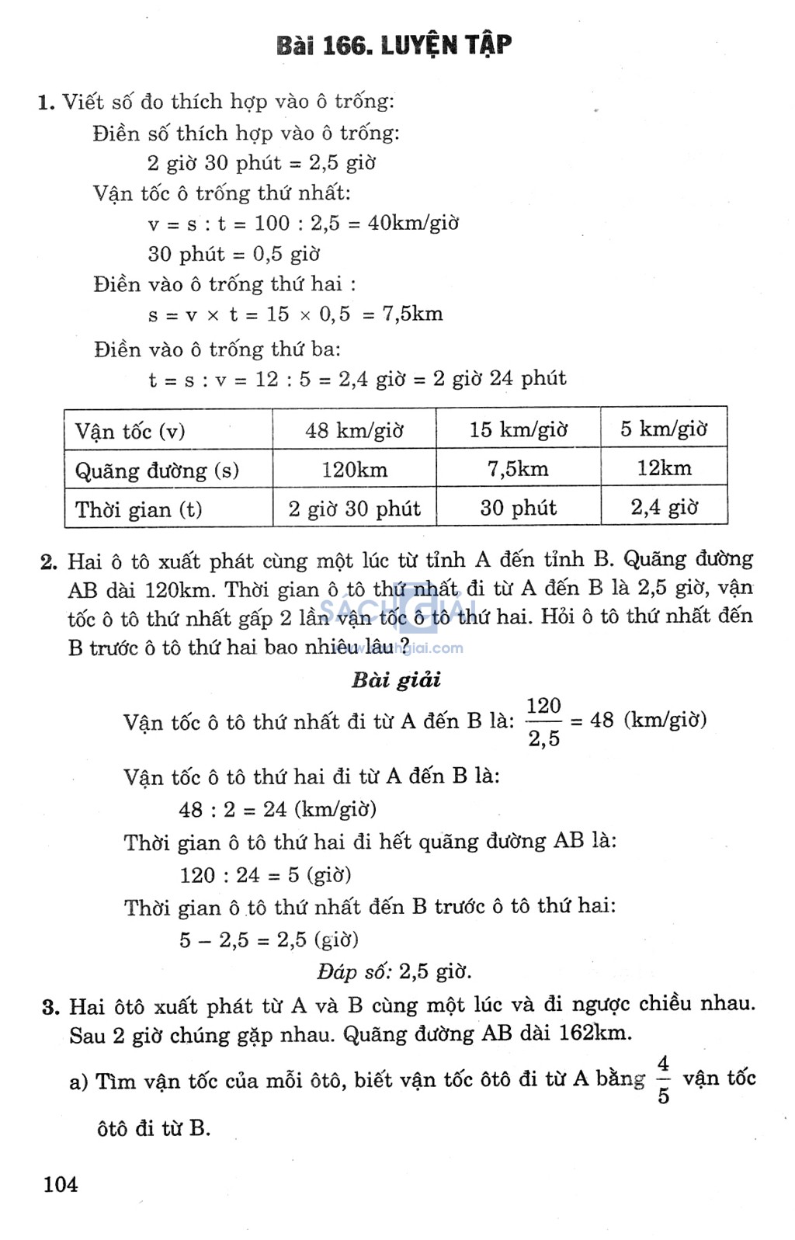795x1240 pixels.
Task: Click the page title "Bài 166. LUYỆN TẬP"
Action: (x=394, y=46)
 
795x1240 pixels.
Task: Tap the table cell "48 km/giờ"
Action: (x=354, y=430)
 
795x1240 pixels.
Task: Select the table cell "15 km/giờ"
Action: (x=518, y=429)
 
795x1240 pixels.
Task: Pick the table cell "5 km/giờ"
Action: (x=663, y=429)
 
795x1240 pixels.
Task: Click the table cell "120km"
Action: (x=354, y=470)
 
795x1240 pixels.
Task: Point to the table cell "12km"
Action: (x=664, y=467)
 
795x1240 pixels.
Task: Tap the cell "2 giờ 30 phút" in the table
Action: (x=354, y=509)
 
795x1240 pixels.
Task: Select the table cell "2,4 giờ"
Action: (x=664, y=507)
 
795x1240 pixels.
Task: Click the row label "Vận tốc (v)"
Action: (x=130, y=431)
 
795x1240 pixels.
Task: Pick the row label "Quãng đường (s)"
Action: (x=157, y=471)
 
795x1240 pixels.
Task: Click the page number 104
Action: (x=61, y=1184)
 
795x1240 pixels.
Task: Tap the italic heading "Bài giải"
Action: (x=396, y=680)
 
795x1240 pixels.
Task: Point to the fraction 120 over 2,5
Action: (x=543, y=722)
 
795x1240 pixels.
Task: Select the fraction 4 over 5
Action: (x=663, y=1079)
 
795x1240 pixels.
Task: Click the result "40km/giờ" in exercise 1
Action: (x=413, y=224)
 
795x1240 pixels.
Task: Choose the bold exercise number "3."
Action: (x=51, y=1007)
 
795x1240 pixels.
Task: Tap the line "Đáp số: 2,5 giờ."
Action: (x=394, y=971)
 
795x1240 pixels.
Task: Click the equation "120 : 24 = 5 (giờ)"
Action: (x=266, y=875)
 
